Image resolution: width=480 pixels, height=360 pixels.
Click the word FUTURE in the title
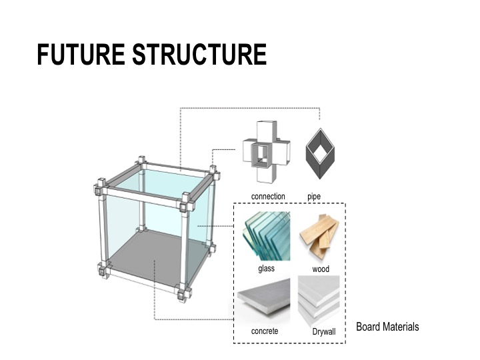(x=81, y=54)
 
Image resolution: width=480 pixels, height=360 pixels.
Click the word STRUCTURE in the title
(x=199, y=54)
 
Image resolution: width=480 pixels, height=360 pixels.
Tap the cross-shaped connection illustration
(x=266, y=152)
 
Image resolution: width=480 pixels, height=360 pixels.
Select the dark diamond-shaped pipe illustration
(x=320, y=153)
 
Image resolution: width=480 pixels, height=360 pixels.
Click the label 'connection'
(x=268, y=196)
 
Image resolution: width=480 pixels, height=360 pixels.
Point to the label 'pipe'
(x=314, y=197)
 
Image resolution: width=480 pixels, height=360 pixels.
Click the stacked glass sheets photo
(x=266, y=236)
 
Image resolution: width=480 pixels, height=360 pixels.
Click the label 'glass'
(x=266, y=269)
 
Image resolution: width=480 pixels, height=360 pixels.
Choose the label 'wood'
(x=321, y=269)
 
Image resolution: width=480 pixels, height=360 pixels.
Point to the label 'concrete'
(x=265, y=331)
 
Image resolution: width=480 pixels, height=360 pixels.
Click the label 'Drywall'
(x=324, y=331)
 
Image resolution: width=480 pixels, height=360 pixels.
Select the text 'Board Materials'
(x=387, y=327)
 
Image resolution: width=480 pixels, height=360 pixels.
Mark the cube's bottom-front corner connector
(x=185, y=293)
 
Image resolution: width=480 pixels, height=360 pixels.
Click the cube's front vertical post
(x=185, y=248)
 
